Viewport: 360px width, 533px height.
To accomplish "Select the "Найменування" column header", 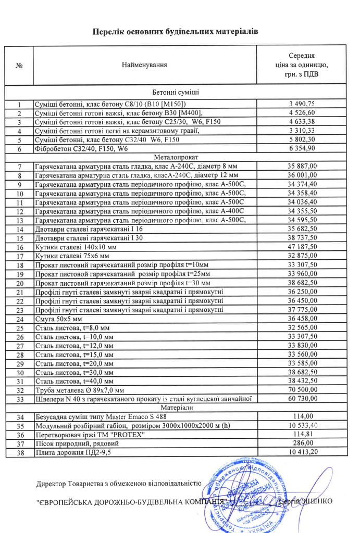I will [x=144, y=65].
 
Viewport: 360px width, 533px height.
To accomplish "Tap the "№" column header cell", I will [x=19, y=66].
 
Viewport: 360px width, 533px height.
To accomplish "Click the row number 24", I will [x=19, y=319].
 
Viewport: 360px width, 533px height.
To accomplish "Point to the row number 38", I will [x=19, y=453].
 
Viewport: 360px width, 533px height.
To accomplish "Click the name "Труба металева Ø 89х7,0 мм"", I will [x=79, y=390].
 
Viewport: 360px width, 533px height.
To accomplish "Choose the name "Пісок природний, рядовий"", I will [x=73, y=444].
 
